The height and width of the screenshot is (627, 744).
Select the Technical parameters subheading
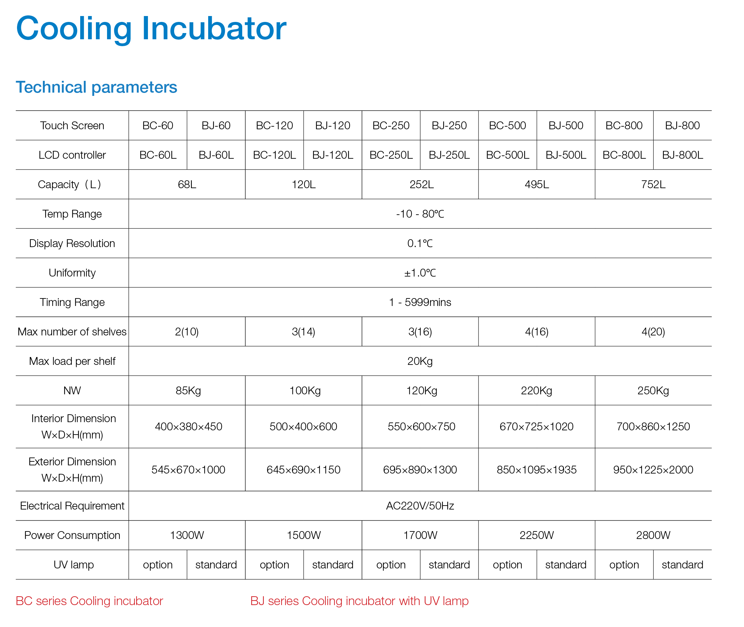pyautogui.click(x=96, y=87)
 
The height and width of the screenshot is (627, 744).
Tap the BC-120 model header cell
pyautogui.click(x=274, y=125)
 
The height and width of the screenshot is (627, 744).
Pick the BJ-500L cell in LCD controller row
pyautogui.click(x=566, y=155)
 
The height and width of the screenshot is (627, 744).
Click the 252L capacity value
pyautogui.click(x=422, y=185)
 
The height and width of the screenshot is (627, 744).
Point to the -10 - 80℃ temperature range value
pyautogui.click(x=420, y=214)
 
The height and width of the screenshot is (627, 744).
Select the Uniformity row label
pyautogui.click(x=72, y=273)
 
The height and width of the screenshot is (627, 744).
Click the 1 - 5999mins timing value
pyautogui.click(x=420, y=302)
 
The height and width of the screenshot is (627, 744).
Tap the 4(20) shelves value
pyautogui.click(x=653, y=332)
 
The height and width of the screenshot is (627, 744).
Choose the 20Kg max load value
pyautogui.click(x=420, y=362)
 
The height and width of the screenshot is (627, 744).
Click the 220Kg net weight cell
pyautogui.click(x=537, y=391)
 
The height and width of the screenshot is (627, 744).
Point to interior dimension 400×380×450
pyautogui.click(x=189, y=426)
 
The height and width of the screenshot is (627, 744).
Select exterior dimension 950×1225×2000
pyautogui.click(x=653, y=470)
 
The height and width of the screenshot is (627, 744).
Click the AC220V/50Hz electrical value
pyautogui.click(x=420, y=506)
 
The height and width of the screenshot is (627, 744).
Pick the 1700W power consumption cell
pyautogui.click(x=420, y=535)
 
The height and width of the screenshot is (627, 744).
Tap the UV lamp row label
pyautogui.click(x=74, y=565)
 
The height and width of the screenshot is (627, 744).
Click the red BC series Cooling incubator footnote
pyautogui.click(x=89, y=601)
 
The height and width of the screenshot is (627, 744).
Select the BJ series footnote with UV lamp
pyautogui.click(x=359, y=601)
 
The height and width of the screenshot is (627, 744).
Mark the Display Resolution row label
pyautogui.click(x=72, y=243)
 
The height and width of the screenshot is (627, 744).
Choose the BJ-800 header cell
pyautogui.click(x=682, y=125)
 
